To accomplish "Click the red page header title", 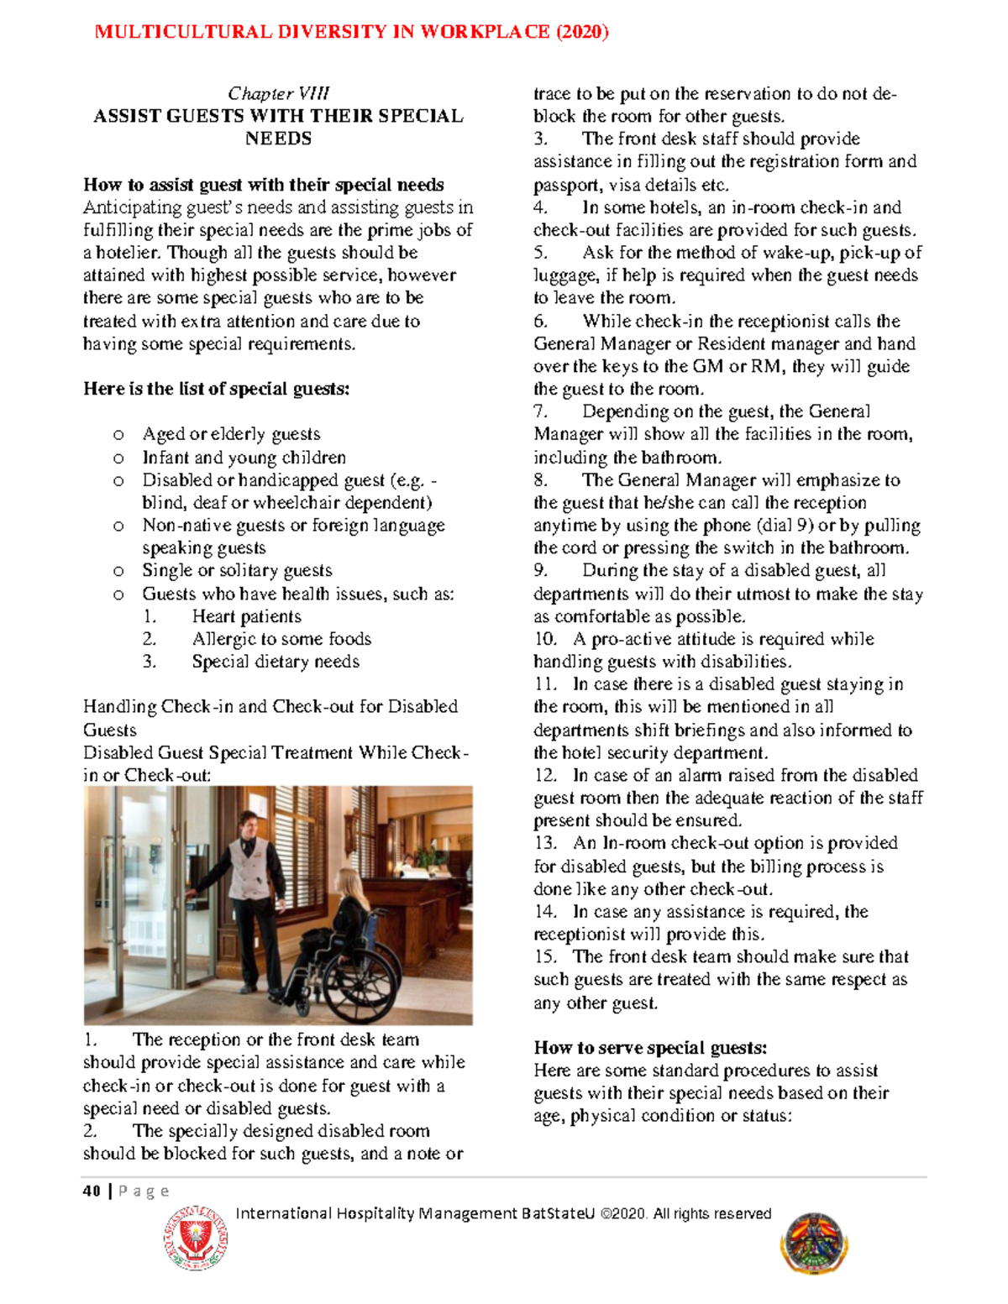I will pos(351,32).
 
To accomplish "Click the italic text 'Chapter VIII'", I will pos(278,93).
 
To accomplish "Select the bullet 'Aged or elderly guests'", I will pos(231,434).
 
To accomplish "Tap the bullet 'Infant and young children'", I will pos(244,458).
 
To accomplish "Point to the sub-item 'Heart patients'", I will pos(246,616).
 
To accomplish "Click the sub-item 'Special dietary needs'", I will pos(276,662).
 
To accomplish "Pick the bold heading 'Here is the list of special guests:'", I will pos(216,389).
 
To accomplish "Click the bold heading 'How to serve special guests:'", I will pos(650,1047).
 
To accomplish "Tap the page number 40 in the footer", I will pos(92,1191).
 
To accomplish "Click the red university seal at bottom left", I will pos(196,1238).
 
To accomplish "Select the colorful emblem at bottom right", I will pos(813,1244).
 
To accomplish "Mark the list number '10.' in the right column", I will pos(545,639).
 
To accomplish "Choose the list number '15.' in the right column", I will pos(545,956).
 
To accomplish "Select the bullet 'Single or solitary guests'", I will pos(237,571).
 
